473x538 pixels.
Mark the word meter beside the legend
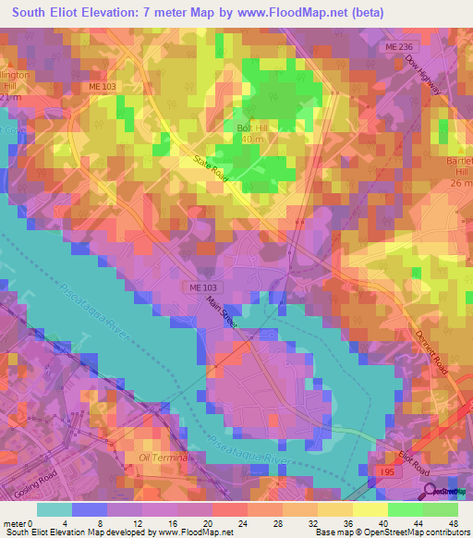[x=14, y=523]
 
